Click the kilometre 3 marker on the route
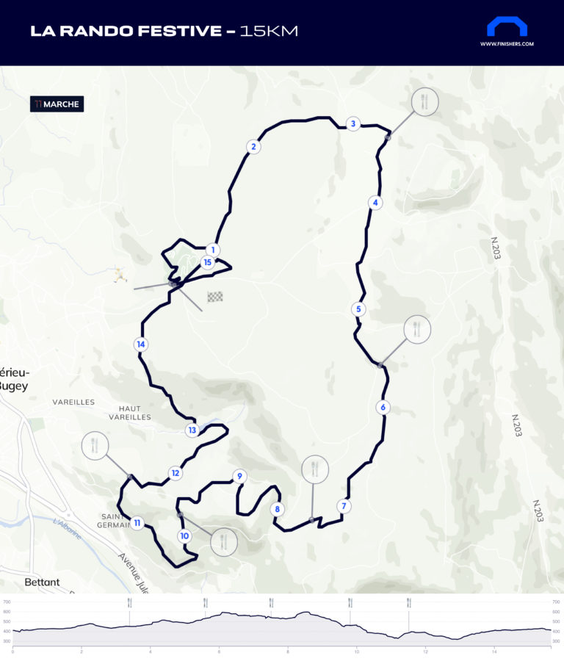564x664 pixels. (353, 123)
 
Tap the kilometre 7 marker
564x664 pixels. (343, 506)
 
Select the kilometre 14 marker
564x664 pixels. (141, 344)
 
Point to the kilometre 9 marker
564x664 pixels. (239, 477)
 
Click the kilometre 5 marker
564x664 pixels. (358, 309)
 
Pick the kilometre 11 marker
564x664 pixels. (137, 523)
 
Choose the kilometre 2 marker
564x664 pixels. (253, 147)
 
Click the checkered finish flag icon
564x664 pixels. (214, 297)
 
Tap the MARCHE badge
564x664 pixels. (57, 104)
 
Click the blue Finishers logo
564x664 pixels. (507, 26)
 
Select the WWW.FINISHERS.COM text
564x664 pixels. (507, 44)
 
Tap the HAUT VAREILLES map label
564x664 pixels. (129, 413)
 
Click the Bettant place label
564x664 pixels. (42, 582)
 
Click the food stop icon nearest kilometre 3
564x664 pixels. (424, 102)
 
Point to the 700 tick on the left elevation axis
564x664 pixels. (7, 602)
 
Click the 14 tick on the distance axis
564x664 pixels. (495, 652)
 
